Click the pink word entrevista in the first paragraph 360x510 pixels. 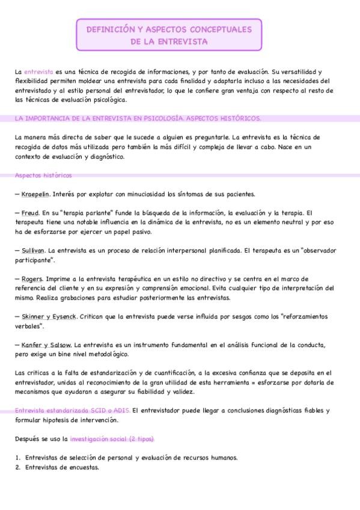[x=38, y=72]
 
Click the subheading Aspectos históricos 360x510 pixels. [x=43, y=176]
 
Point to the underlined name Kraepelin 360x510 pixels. [x=36, y=194]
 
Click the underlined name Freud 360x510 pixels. [x=30, y=213]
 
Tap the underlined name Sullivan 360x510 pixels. [x=33, y=250]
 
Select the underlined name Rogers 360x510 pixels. [x=31, y=279]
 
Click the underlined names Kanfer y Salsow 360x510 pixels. [x=46, y=345]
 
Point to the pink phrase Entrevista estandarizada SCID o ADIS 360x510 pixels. [x=72, y=411]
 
